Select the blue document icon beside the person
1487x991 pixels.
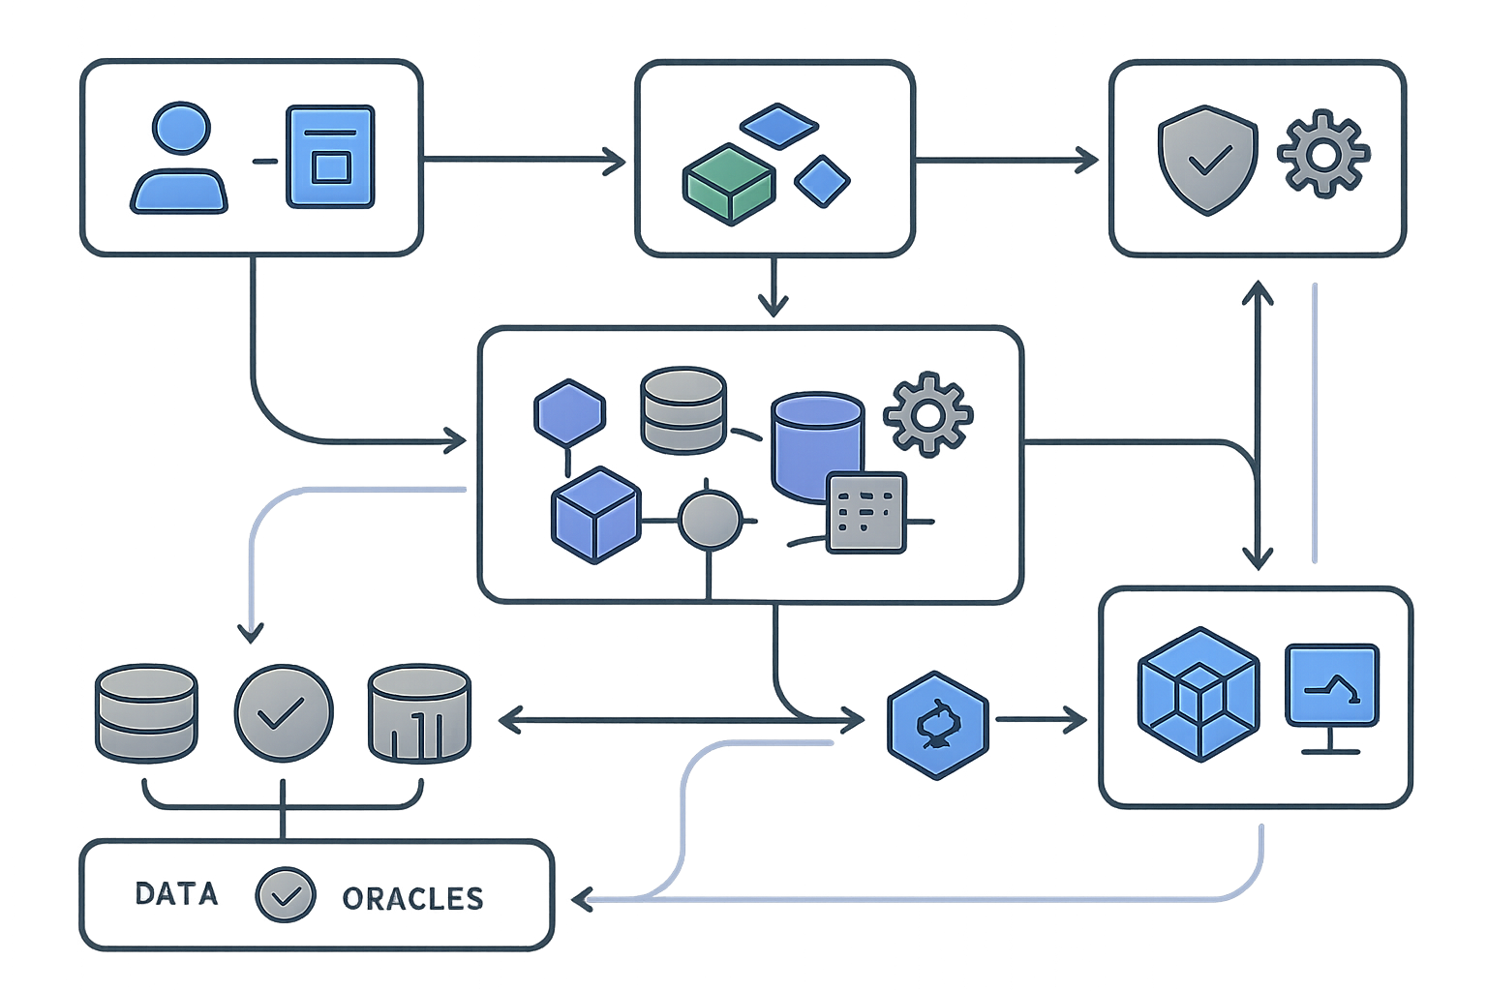pos(330,157)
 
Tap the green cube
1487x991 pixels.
pos(728,184)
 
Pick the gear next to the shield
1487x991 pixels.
pos(1323,155)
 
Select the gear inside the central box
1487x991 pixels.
pos(927,414)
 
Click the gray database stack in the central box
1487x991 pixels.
pos(683,409)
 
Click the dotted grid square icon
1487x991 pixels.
pos(865,513)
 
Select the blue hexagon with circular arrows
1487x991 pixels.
pos(937,721)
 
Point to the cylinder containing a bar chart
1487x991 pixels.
pos(419,713)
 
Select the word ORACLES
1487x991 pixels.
pos(412,898)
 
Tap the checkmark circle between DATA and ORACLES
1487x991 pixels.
pos(285,894)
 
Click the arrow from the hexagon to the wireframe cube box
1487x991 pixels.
pos(1041,719)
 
